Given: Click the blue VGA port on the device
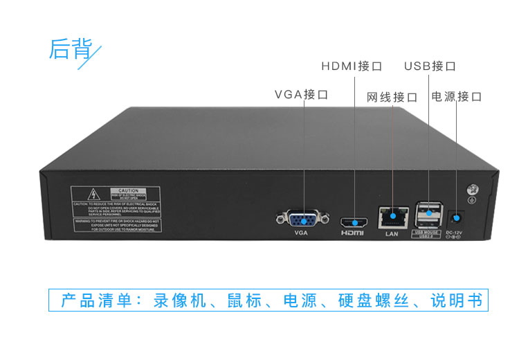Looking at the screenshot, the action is point(300,219).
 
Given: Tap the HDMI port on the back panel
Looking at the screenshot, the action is point(354,222).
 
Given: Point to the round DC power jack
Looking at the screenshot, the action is point(455,217).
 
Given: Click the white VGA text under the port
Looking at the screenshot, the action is point(300,233).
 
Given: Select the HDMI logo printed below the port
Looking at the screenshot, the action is point(353,234).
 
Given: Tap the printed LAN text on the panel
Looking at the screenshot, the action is point(392,233).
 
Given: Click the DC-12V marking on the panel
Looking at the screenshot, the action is point(454,232).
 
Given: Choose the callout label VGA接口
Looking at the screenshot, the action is point(301,94).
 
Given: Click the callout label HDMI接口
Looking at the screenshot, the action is point(352,66).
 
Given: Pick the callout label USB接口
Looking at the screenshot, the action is point(430,66).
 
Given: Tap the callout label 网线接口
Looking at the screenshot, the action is point(392,96).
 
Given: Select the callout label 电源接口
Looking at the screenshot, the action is point(456,96).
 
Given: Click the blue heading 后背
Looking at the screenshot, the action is point(70,48).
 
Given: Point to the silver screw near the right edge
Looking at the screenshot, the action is point(473,189).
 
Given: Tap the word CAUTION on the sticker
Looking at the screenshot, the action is point(129,190).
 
